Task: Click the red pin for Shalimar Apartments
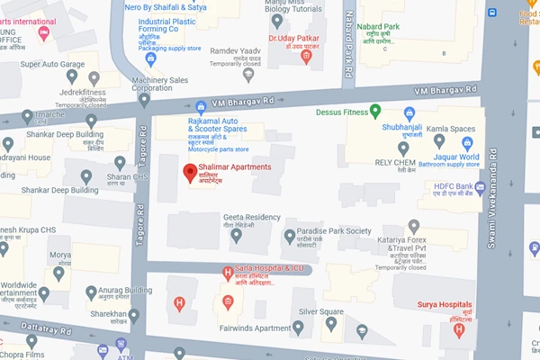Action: click(190, 173)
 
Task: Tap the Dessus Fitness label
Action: click(349, 112)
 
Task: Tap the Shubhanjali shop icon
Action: click(409, 113)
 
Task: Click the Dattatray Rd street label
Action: click(40, 331)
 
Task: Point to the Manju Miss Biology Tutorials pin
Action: click(276, 20)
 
